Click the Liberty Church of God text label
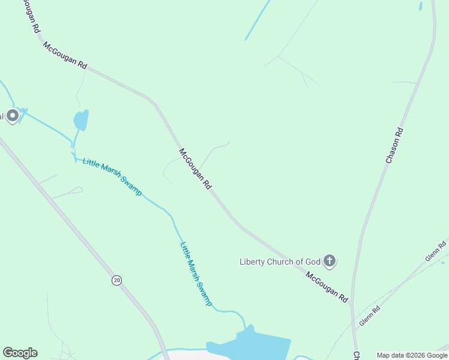tap(279, 262)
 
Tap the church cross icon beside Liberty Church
tap(329, 261)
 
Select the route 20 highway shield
tap(116, 280)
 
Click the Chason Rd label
tap(394, 146)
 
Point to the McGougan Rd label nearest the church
tap(327, 287)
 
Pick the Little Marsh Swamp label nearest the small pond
tap(112, 176)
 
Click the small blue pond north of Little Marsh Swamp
tap(80, 120)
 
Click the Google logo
tap(20, 353)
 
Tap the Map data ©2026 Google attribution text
tap(412, 355)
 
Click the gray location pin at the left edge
tap(13, 116)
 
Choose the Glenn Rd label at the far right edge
tap(436, 250)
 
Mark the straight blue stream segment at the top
tap(257, 20)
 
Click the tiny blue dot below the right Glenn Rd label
tap(442, 262)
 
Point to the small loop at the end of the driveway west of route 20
tap(77, 190)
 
